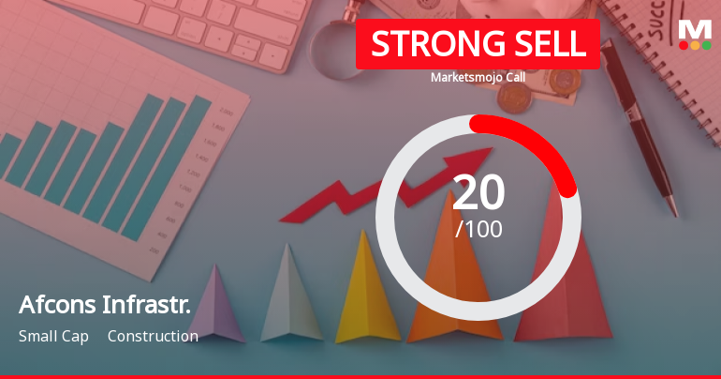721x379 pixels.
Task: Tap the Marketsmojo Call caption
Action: pos(478,77)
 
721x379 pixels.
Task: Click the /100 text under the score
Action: pos(478,229)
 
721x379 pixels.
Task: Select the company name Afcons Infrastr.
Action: pos(105,304)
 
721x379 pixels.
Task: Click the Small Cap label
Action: pos(53,336)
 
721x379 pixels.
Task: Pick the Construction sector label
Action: pos(153,336)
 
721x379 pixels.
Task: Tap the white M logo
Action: pos(695,29)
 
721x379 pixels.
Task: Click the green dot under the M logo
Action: pos(706,45)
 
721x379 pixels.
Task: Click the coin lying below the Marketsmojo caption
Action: pos(515,99)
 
